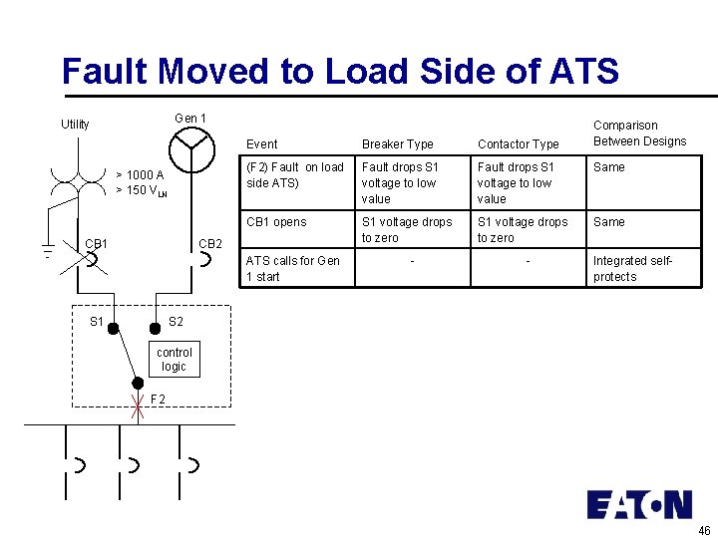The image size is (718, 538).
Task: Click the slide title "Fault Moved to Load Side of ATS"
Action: tap(340, 71)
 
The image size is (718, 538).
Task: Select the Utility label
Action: tap(75, 125)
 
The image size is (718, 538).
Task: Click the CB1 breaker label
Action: tap(97, 244)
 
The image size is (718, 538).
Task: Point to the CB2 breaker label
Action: tap(210, 244)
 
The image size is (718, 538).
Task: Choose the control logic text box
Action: tap(174, 360)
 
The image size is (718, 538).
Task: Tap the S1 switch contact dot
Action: tap(114, 327)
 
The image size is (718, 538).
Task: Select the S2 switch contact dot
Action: tap(155, 327)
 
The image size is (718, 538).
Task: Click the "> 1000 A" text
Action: tap(140, 175)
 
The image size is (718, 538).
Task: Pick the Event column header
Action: tap(262, 144)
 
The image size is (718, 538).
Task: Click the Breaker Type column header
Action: tap(397, 144)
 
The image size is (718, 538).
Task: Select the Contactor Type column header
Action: tap(518, 144)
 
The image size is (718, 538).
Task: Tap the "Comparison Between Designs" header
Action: tap(639, 134)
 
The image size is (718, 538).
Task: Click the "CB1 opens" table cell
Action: tap(276, 222)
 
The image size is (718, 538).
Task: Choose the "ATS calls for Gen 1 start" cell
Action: tap(292, 269)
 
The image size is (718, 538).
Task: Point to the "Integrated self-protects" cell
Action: tap(633, 269)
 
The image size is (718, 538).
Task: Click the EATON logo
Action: tap(638, 504)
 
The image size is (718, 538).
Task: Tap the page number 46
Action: tap(705, 529)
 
